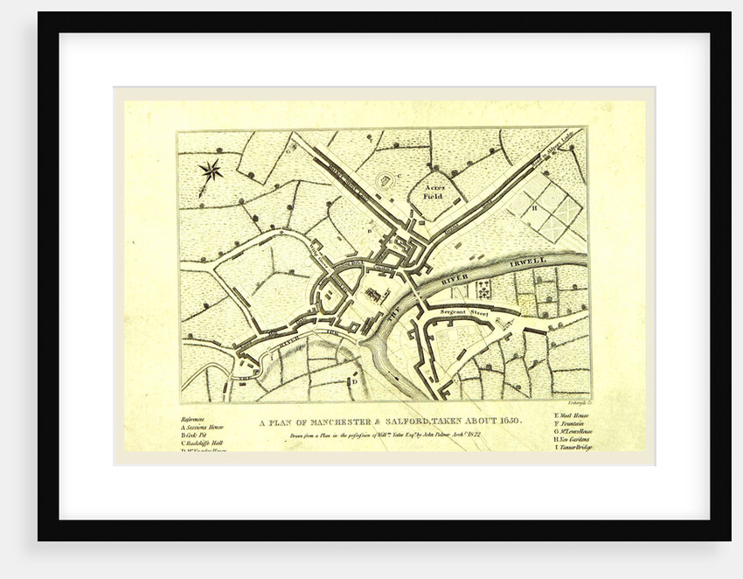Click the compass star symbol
[x=211, y=169]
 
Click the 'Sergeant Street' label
[x=463, y=311]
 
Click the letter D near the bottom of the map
[x=354, y=381]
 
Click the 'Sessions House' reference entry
[x=203, y=428]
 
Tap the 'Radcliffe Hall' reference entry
[x=202, y=443]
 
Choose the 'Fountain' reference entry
[x=571, y=427]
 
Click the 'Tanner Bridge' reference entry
[x=574, y=448]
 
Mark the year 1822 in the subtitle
[x=473, y=433]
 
